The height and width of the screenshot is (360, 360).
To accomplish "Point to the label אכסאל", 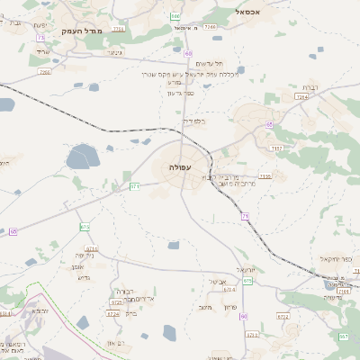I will click(x=247, y=12).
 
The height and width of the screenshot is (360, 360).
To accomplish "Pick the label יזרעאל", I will click(x=247, y=269).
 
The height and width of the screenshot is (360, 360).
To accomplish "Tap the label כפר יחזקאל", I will click(x=335, y=258).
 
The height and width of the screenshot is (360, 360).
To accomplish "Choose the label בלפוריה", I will click(x=194, y=120).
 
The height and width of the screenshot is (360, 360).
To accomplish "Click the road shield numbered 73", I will click(x=40, y=37).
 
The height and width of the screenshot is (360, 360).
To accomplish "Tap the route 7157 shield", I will click(x=276, y=148).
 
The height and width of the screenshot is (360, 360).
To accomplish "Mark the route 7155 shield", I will click(x=265, y=176).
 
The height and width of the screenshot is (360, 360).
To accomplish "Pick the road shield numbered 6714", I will click(x=91, y=247).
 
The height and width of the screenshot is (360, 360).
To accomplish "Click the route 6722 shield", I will click(x=113, y=315).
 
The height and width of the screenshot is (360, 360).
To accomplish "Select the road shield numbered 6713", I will click(x=252, y=335).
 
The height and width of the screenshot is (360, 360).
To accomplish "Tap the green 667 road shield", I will click(x=343, y=336).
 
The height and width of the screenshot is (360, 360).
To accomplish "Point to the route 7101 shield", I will click(x=342, y=292).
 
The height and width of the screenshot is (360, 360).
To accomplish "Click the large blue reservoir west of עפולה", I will click(x=83, y=157).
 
